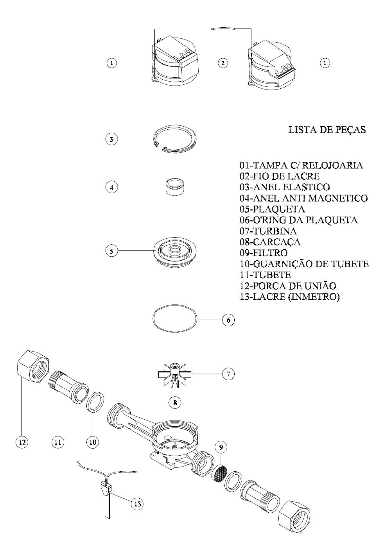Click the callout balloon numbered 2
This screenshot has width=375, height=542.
click(223, 63)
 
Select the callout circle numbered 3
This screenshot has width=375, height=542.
click(111, 139)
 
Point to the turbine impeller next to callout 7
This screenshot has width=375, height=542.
click(175, 375)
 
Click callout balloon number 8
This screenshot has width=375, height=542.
click(175, 402)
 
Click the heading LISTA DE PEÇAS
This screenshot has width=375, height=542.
click(327, 130)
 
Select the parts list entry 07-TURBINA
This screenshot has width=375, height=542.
click(268, 231)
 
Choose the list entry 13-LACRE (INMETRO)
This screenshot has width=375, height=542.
click(290, 297)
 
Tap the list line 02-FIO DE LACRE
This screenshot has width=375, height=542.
click(280, 176)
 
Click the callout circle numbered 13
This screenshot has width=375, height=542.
click(137, 504)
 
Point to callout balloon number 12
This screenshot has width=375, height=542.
click(22, 442)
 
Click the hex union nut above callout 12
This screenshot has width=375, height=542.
click(33, 365)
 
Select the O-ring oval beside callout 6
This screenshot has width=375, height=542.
click(175, 318)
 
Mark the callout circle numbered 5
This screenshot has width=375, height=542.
click(111, 251)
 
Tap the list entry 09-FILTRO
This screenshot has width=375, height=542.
click(264, 253)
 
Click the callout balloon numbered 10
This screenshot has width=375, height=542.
click(93, 442)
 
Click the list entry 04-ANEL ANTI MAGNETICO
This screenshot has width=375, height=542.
click(303, 198)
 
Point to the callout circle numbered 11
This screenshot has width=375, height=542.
click(57, 442)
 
